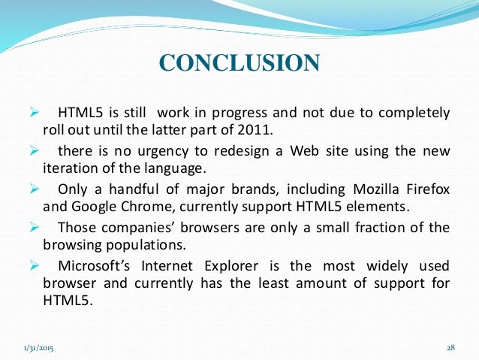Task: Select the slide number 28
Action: (450, 348)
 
